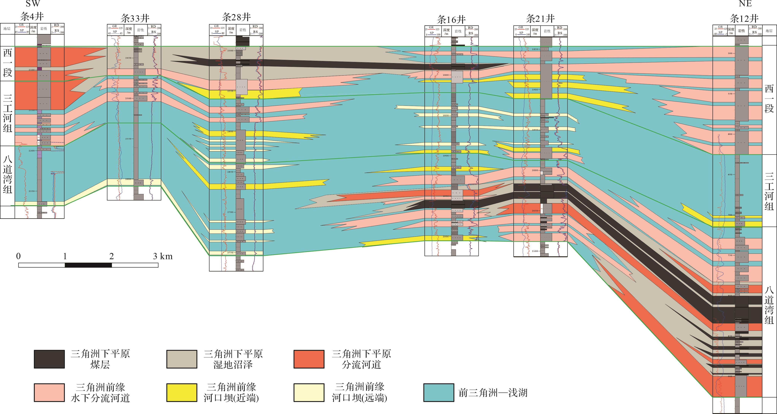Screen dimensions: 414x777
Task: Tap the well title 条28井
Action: click(236, 17)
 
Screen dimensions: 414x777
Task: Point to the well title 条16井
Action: click(451, 20)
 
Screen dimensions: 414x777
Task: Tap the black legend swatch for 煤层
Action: click(49, 359)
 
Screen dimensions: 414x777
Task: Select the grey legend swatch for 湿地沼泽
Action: click(182, 359)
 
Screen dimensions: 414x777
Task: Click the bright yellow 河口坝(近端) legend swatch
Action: click(182, 393)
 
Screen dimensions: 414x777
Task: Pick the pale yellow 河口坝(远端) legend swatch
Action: click(309, 393)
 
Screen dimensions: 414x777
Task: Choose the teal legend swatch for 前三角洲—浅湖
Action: click(439, 393)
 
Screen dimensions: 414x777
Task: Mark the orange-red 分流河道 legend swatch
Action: click(309, 359)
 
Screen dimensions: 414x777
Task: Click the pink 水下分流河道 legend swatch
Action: click(49, 393)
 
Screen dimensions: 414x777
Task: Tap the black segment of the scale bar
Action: click(88, 265)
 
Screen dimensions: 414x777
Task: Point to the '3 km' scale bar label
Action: click(163, 256)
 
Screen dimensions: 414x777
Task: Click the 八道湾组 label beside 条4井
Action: click(8, 175)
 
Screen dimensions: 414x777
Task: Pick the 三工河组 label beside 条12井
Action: click(769, 191)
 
